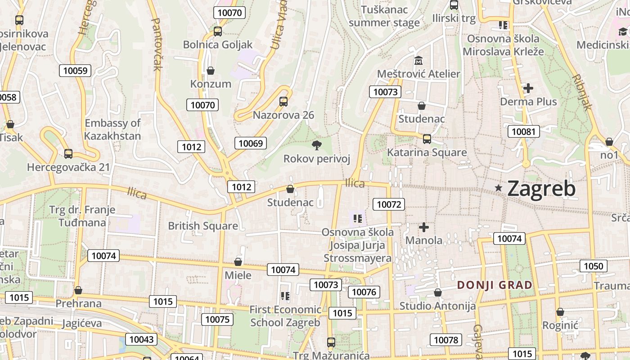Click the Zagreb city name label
[541, 189]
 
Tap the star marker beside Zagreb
[499, 188]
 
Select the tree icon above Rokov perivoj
[317, 145]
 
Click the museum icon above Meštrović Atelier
[418, 60]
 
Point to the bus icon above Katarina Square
[427, 139]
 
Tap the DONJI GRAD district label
[495, 285]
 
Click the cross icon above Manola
[423, 227]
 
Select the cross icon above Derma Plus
[528, 88]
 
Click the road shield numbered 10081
[523, 131]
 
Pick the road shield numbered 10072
[389, 204]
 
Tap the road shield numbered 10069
[251, 143]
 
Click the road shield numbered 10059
[75, 70]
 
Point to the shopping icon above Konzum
[210, 71]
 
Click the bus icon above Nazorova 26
[283, 101]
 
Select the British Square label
[203, 226]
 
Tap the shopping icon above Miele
[238, 262]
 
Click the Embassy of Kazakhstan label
[112, 129]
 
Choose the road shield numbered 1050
[593, 266]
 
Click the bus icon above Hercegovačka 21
[68, 154]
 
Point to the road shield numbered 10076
[364, 292]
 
